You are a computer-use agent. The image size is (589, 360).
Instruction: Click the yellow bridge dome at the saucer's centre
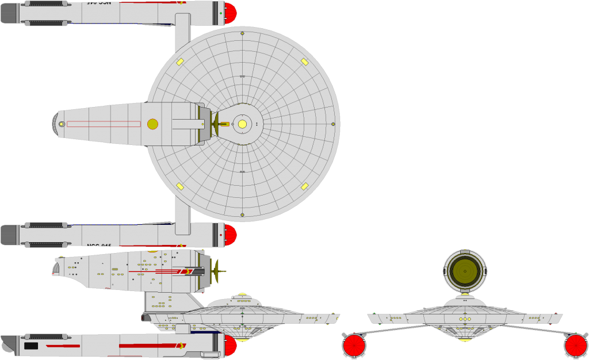242,124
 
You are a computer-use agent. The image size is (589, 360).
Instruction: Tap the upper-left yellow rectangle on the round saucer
180,62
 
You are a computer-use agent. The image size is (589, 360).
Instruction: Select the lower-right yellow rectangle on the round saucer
305,186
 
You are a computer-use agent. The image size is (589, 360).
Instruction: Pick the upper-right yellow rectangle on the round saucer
305,62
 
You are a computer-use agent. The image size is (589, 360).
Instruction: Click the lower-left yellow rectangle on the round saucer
180,186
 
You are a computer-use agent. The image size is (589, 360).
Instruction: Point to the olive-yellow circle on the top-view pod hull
152,124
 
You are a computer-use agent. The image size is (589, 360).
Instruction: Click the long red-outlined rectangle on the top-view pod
104,124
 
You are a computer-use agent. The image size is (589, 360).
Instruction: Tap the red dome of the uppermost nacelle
230,13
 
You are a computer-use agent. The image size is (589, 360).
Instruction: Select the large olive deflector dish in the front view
465,271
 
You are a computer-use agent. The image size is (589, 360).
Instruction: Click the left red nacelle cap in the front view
354,346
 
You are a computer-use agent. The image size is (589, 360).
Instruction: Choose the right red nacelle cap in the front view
576,346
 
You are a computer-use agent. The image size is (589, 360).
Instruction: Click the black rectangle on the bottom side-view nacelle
31,346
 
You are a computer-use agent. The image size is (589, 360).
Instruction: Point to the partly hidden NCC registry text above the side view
99,246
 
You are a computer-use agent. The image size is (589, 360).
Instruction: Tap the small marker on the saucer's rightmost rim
333,124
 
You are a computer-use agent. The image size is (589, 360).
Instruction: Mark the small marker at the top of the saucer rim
242,33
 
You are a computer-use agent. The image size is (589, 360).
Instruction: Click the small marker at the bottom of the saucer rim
242,215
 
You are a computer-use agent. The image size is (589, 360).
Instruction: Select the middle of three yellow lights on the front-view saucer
465,319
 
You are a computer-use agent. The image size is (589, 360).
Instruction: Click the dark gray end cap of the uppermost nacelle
9,13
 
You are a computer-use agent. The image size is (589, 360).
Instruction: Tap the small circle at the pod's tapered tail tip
62,124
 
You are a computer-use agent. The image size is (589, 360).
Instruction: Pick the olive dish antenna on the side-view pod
216,271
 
